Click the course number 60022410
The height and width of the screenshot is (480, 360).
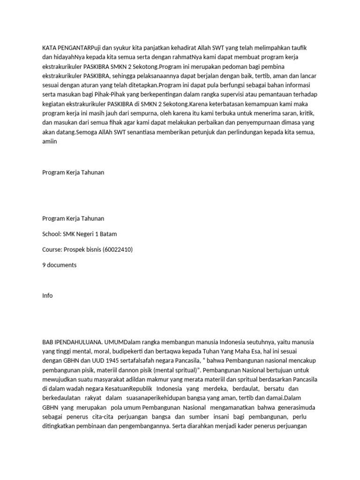116,249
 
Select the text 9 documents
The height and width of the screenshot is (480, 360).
59,265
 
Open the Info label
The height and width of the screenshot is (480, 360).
47,296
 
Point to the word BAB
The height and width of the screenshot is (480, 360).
48,342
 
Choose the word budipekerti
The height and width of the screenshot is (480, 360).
147,351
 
